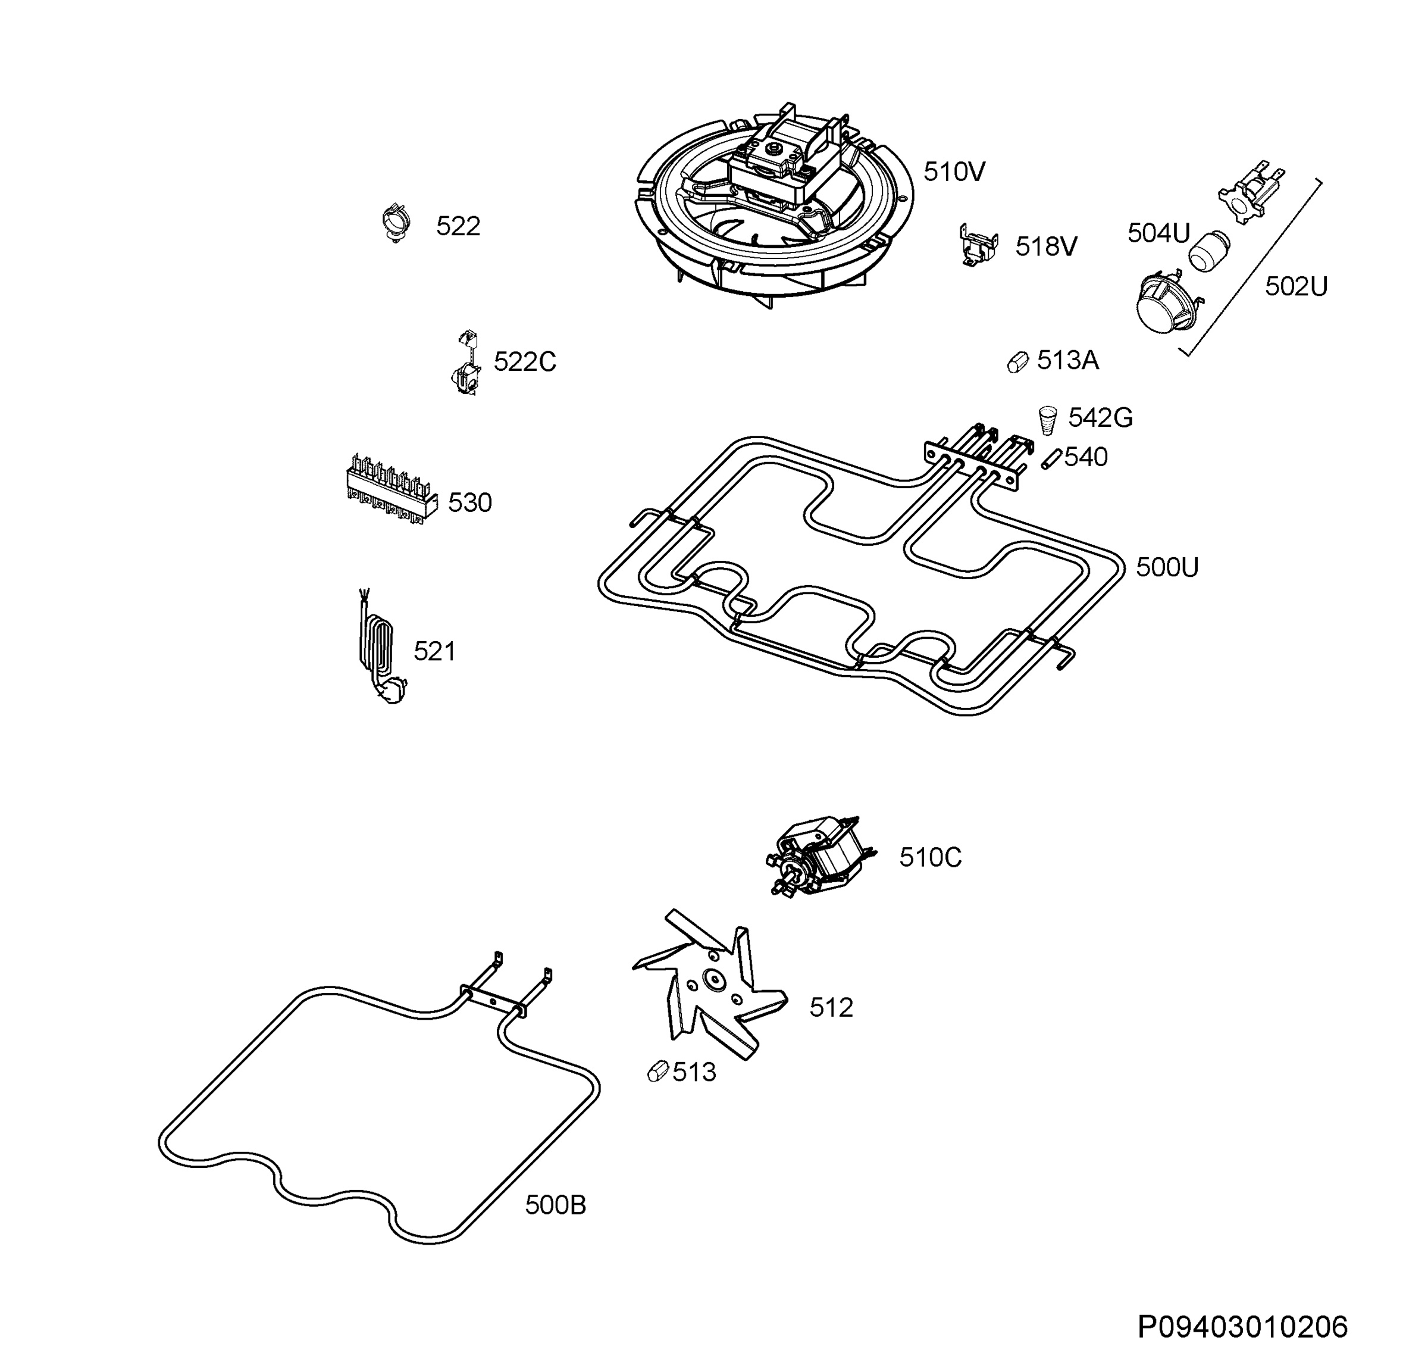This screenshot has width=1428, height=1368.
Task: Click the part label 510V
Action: click(x=954, y=172)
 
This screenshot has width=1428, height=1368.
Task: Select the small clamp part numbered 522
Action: click(x=396, y=222)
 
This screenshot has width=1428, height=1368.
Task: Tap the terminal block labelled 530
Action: click(x=392, y=488)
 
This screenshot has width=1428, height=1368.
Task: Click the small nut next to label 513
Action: click(x=658, y=1072)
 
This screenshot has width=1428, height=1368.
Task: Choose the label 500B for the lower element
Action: click(x=555, y=1205)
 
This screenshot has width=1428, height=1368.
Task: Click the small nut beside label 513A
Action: click(x=1018, y=361)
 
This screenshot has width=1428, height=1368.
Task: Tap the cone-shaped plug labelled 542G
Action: click(x=1048, y=420)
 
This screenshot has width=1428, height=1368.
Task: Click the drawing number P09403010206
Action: click(x=1243, y=1326)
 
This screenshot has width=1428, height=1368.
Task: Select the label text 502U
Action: click(x=1296, y=286)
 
